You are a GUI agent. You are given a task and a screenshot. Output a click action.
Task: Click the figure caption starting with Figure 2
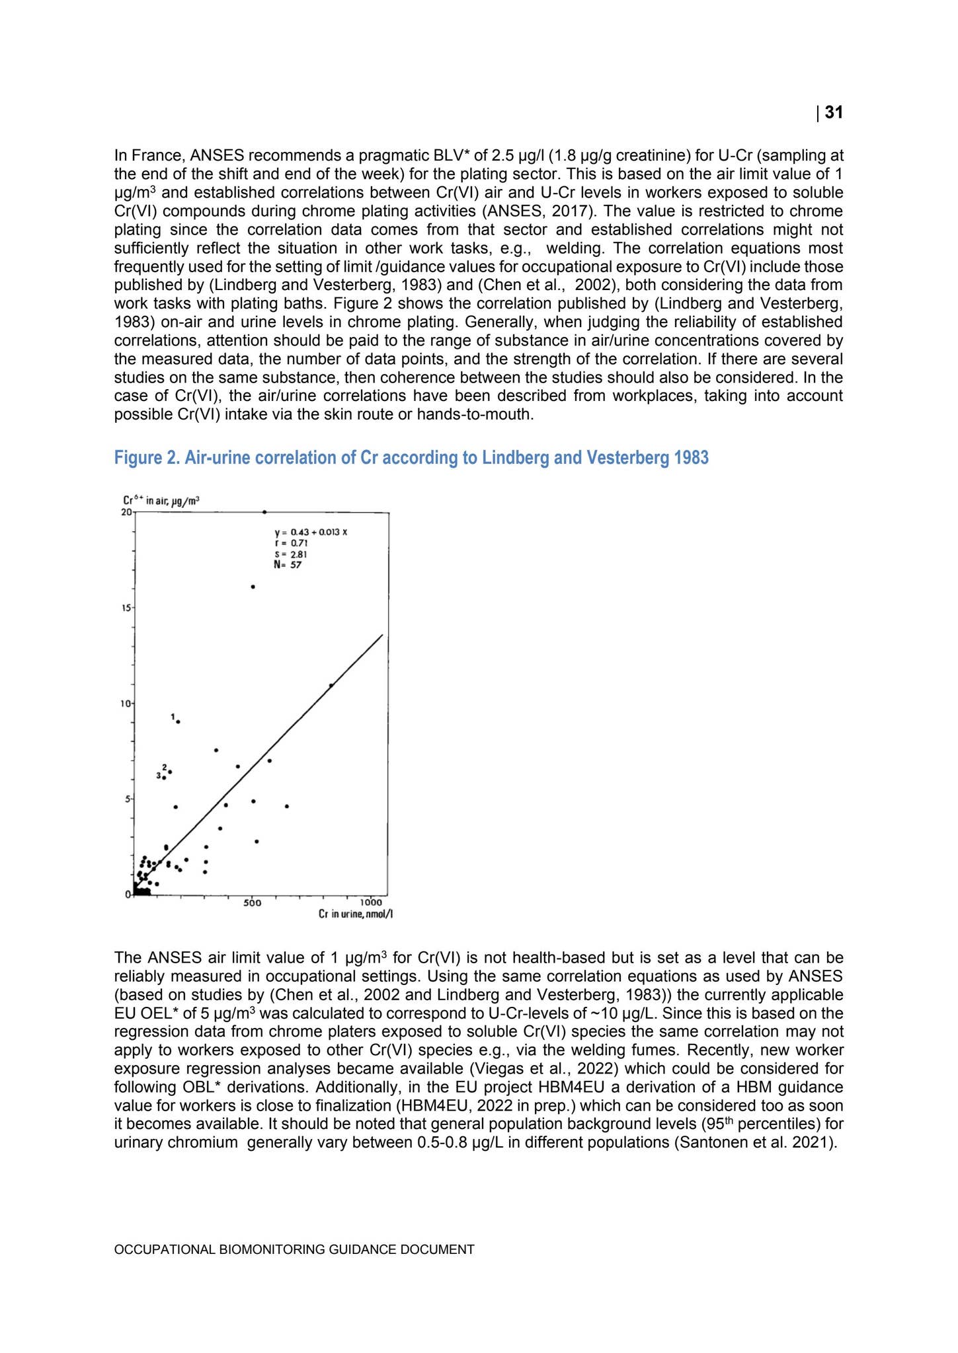411,457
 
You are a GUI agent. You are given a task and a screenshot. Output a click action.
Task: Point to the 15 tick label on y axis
125,607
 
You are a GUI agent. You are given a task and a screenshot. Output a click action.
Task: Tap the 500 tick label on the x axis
252,903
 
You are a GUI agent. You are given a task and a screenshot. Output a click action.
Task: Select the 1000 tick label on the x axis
371,903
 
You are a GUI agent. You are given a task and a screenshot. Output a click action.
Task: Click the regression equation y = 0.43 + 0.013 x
310,532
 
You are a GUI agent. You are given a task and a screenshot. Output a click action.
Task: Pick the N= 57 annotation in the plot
288,565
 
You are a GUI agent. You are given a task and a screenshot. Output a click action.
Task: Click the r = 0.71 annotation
286,543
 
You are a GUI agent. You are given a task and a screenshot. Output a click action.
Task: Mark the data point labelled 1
178,721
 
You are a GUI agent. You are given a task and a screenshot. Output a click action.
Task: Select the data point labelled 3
164,778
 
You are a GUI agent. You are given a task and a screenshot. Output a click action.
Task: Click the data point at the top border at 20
264,511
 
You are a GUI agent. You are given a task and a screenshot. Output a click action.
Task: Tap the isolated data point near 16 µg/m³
253,587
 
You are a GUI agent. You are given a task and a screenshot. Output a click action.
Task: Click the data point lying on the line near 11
331,685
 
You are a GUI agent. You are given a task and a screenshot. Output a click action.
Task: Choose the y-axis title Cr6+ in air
161,501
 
